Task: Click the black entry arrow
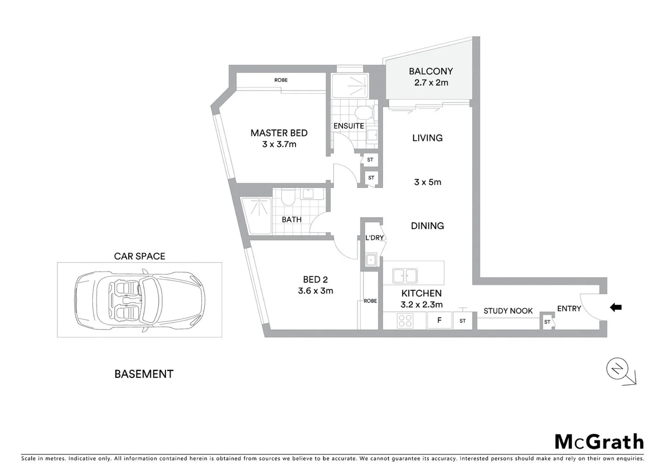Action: click(615, 307)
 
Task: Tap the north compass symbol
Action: click(617, 369)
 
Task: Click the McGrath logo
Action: click(599, 442)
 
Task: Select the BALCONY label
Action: click(431, 71)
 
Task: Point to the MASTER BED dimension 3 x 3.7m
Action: click(279, 144)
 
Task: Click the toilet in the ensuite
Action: click(363, 113)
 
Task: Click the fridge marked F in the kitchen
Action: click(439, 321)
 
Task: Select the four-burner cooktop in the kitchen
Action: click(405, 321)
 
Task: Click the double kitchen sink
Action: click(405, 276)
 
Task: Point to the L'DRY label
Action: click(374, 238)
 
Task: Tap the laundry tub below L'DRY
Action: click(371, 260)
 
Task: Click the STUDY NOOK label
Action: click(508, 311)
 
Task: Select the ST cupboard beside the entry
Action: click(547, 322)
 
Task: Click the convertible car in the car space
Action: click(139, 300)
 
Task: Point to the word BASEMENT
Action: click(144, 374)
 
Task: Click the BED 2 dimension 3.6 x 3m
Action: click(316, 291)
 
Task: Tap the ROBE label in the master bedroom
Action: click(281, 80)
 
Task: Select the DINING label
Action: click(427, 226)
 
